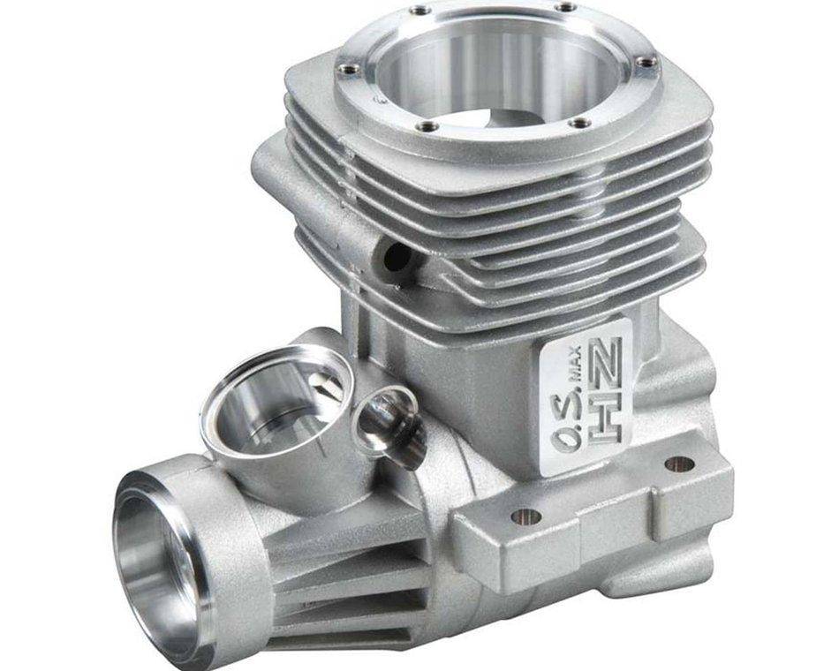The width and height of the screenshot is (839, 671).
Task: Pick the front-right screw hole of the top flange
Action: click(578, 123)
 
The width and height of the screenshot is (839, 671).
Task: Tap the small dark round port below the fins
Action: click(398, 256)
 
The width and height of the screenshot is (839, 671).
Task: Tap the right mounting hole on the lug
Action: click(678, 463)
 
